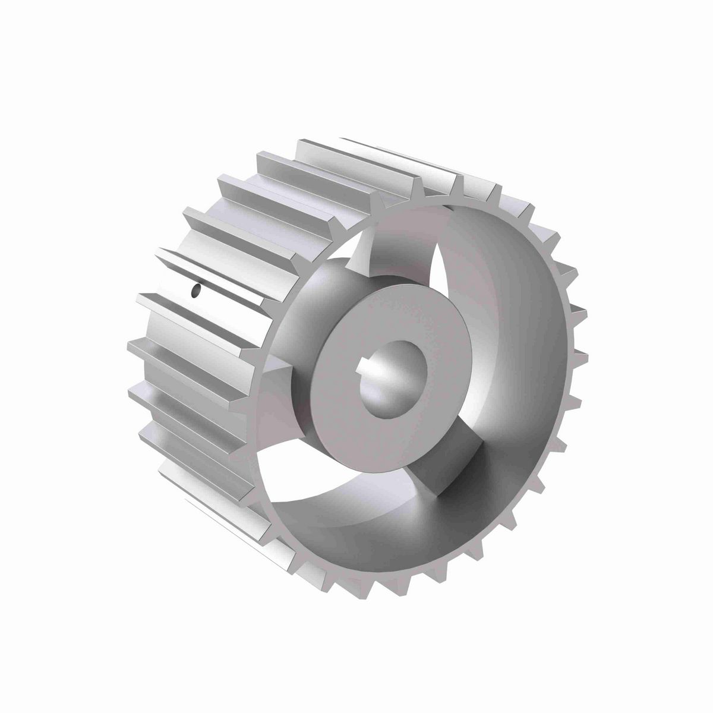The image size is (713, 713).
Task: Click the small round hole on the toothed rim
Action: [194, 291]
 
